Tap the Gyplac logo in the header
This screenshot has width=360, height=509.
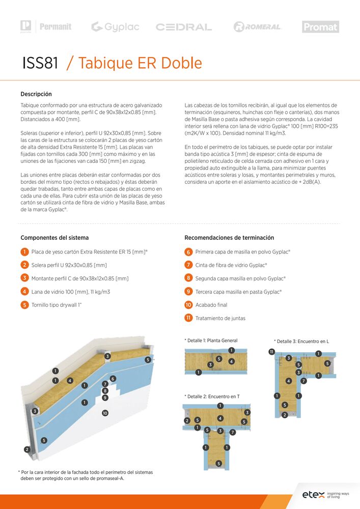click(x=115, y=27)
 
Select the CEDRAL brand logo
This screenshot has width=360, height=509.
click(x=184, y=27)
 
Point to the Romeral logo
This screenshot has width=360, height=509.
click(x=257, y=27)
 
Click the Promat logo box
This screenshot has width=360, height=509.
click(x=320, y=27)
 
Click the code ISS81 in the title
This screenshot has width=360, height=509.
click(x=40, y=63)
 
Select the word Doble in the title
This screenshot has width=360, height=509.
click(x=182, y=63)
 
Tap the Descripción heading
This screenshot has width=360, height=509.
click(x=36, y=94)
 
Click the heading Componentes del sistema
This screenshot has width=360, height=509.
click(x=54, y=238)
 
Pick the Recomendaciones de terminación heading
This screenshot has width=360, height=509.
click(x=229, y=238)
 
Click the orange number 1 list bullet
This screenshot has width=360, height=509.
click(x=24, y=252)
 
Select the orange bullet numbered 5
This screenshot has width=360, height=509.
click(x=24, y=305)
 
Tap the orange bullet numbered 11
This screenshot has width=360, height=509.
click(x=188, y=318)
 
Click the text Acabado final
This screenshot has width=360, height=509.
click(x=211, y=305)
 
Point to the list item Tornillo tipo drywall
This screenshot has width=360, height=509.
click(x=57, y=305)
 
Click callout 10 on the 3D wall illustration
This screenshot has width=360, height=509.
click(x=105, y=413)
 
